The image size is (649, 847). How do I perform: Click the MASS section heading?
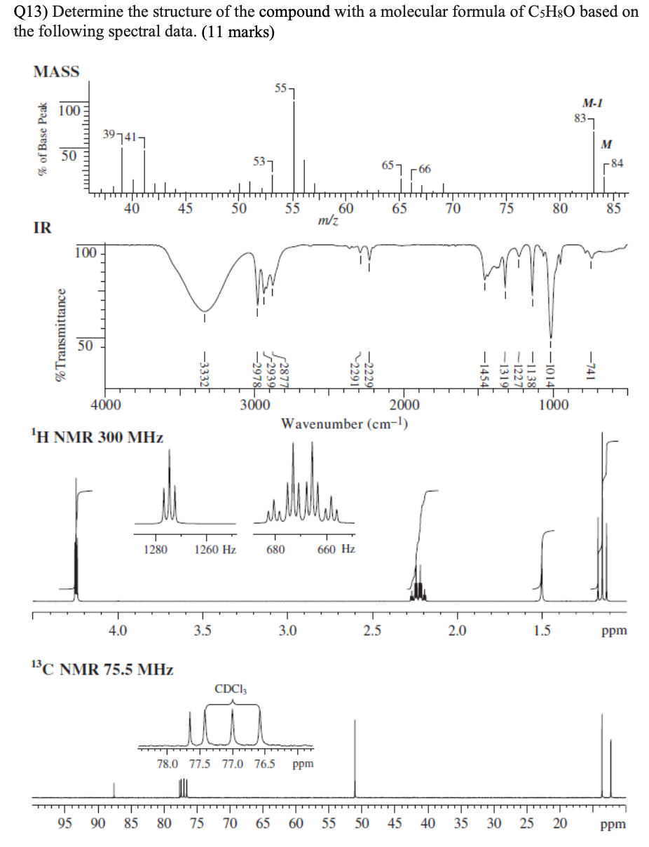coord(56,72)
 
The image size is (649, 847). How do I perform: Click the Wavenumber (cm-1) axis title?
coord(344,423)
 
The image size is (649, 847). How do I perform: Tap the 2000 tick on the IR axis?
coord(404,405)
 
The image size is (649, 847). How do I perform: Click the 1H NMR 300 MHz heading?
coord(87,438)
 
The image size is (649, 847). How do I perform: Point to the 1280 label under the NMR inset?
coord(155,550)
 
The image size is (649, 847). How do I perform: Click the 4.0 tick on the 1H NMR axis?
coord(118,630)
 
